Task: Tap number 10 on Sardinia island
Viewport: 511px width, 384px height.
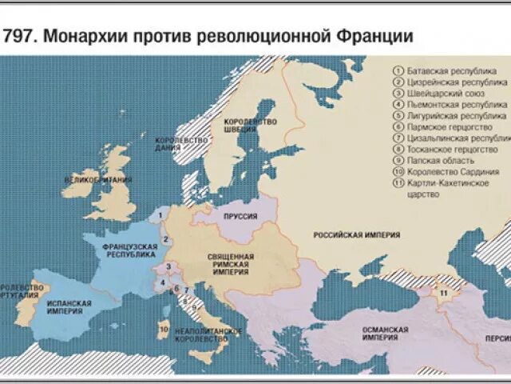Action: (164, 328)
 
